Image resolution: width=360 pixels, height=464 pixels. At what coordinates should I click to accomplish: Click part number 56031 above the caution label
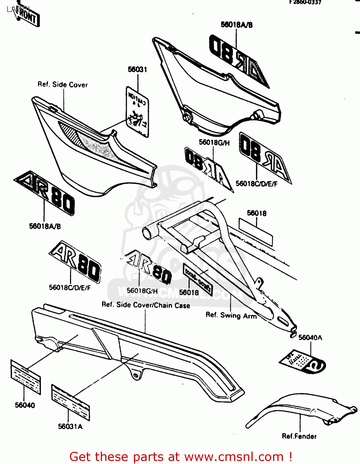click(x=137, y=70)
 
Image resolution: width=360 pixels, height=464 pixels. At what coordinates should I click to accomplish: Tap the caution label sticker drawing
click(x=137, y=111)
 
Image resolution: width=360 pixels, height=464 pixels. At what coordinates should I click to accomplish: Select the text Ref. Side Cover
click(x=62, y=84)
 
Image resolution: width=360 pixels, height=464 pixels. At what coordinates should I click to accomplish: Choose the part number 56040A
click(x=310, y=337)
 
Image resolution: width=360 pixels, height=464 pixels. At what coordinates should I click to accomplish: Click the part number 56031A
click(x=70, y=427)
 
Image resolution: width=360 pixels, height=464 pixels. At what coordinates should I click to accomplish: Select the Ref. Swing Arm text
click(x=231, y=316)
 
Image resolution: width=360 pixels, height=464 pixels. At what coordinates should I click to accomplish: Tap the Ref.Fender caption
click(x=299, y=436)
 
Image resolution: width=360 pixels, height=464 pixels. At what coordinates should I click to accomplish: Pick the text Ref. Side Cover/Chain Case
click(x=146, y=305)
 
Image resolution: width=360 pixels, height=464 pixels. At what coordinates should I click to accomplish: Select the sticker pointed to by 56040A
click(x=302, y=362)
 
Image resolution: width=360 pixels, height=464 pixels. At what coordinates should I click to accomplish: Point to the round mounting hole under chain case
click(x=135, y=375)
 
